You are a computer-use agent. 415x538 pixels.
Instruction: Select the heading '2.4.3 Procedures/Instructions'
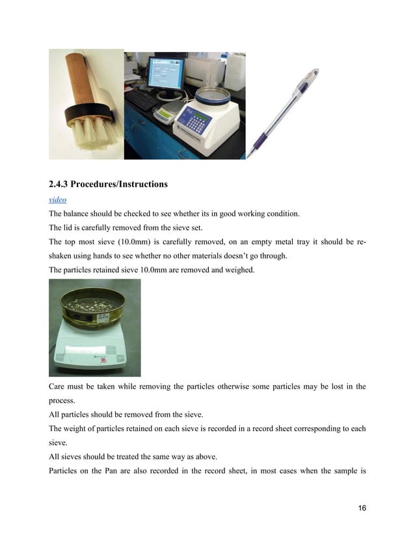(x=108, y=184)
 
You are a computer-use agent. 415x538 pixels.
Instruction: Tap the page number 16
(x=361, y=508)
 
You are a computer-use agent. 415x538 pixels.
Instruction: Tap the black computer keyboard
(x=141, y=98)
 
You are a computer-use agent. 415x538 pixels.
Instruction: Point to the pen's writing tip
(x=247, y=156)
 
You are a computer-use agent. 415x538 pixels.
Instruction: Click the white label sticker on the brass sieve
(x=103, y=317)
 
